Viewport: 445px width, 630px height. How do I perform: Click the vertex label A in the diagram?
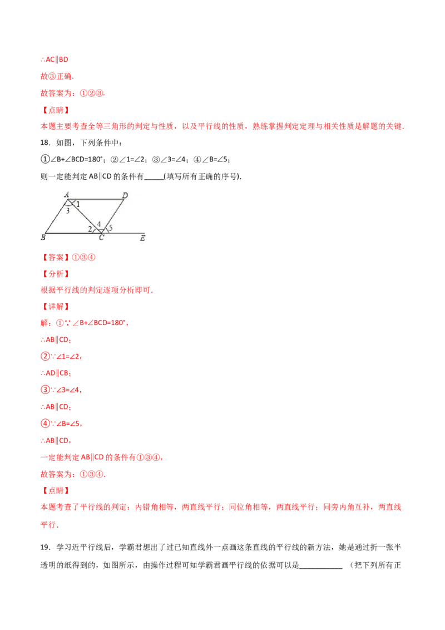(x=66, y=194)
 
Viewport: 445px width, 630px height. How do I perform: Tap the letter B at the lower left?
(x=43, y=238)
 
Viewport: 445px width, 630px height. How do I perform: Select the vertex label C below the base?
(x=101, y=238)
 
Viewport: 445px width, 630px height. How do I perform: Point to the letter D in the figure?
(x=125, y=195)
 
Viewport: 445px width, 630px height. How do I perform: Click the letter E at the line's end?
(x=142, y=238)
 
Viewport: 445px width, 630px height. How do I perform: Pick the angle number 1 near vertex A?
(x=78, y=205)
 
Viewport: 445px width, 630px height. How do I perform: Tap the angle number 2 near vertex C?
(x=90, y=229)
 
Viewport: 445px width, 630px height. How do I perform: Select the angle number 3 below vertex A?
(x=67, y=211)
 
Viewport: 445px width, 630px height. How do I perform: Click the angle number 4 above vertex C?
(x=99, y=224)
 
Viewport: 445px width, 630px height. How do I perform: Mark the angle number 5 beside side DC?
(x=110, y=228)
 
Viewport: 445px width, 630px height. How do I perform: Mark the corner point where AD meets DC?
(x=124, y=199)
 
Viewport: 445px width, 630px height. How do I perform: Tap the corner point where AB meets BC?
(x=45, y=233)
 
